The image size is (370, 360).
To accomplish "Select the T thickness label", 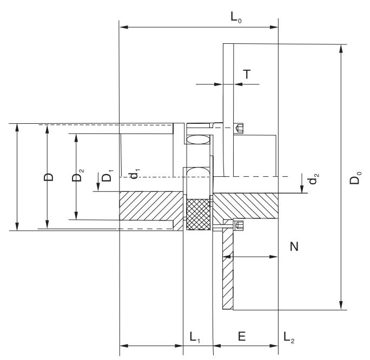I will [247, 75].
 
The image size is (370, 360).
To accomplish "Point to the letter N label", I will [294, 246].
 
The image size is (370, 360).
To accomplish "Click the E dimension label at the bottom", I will [242, 336].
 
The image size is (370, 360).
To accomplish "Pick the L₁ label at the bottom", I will [194, 336].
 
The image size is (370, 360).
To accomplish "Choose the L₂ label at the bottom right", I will [289, 336].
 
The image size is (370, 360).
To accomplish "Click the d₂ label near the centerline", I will [312, 180].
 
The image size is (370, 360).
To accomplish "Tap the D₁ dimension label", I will [108, 177].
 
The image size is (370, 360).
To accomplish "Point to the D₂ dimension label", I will [81, 176].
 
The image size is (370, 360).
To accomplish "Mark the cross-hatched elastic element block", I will [197, 215].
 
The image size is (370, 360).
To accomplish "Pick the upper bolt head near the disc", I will [240, 128].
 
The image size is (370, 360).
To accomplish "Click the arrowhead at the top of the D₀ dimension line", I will [341, 48].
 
